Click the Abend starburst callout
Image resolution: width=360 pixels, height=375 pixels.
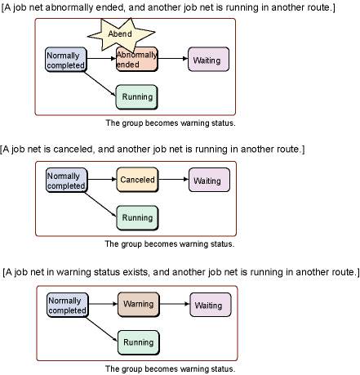tap(121, 34)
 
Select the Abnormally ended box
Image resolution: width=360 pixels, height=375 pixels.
tap(137, 60)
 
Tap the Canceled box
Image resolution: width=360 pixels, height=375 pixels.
tap(137, 180)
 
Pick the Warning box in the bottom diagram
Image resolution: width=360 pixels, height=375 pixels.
tap(139, 305)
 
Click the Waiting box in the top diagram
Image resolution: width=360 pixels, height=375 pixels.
tap(209, 60)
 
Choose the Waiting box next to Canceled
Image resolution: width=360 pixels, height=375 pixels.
tap(209, 180)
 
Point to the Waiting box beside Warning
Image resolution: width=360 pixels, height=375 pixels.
tap(211, 305)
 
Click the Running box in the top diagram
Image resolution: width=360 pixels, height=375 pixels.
tap(137, 97)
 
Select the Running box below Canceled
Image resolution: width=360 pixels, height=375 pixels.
tap(137, 218)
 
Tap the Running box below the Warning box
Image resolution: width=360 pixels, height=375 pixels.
tap(139, 342)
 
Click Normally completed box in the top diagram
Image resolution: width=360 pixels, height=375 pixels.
tap(66, 60)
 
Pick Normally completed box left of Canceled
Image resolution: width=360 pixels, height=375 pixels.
tap(67, 181)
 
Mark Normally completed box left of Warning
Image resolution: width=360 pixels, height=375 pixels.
tap(68, 306)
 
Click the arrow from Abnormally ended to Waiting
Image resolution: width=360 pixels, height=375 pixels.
tap(173, 59)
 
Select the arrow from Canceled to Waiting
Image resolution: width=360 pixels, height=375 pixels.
tap(174, 179)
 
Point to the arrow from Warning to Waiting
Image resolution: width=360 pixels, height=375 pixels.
tap(175, 304)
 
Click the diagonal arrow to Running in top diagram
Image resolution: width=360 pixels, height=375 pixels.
tap(100, 83)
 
